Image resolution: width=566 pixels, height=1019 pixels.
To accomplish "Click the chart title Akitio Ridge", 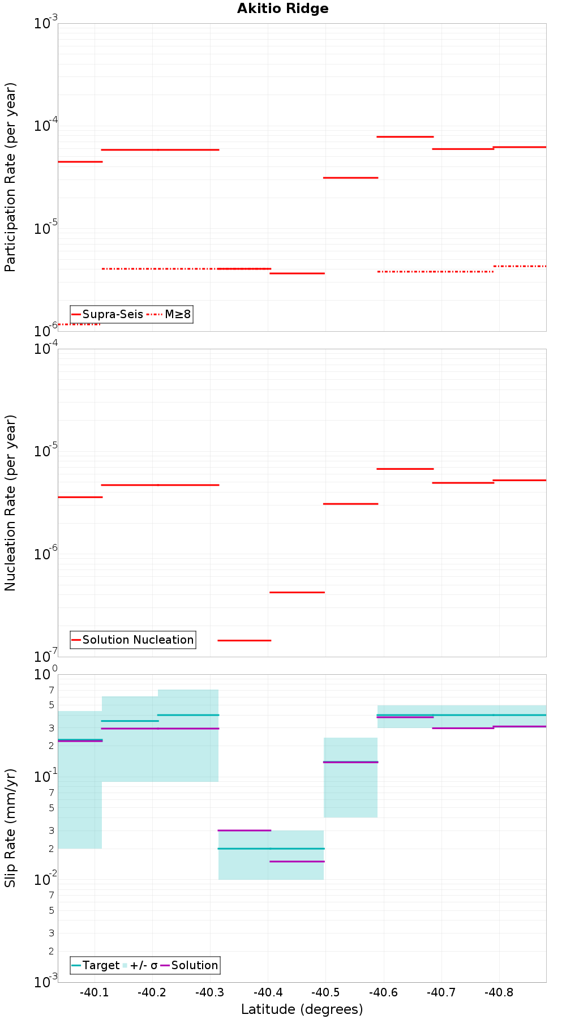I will coord(282,8).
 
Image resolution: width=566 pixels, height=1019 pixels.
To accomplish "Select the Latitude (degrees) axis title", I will coord(302,1009).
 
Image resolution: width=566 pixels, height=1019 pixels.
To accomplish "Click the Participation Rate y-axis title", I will coord(10,177).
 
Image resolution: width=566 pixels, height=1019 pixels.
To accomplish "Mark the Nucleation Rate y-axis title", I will coord(10,503).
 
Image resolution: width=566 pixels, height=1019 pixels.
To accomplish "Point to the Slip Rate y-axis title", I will coord(10,828).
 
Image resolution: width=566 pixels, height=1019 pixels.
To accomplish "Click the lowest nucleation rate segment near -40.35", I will coord(244,640).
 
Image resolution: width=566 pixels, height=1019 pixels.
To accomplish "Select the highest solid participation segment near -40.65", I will coord(405,136).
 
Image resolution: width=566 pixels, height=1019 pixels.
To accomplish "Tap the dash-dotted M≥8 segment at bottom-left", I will coord(79,324).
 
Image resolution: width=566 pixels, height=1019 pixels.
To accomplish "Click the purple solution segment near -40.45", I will coord(297,861).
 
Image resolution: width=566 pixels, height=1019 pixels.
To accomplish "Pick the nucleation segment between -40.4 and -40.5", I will coord(297,592).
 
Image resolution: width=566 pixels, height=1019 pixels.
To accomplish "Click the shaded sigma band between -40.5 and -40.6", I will coord(350,793).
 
